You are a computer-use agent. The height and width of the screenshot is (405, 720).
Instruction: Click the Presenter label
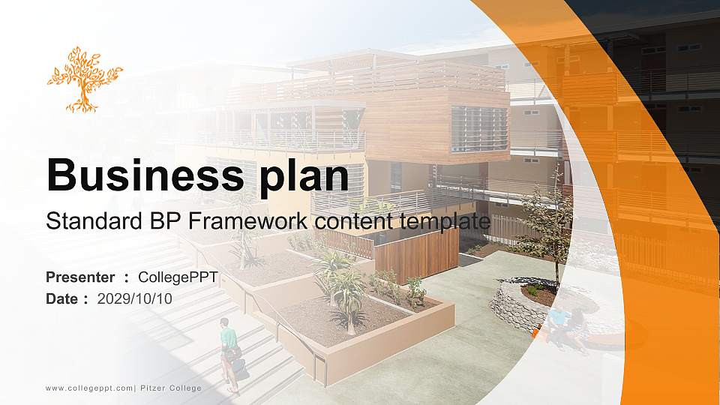(80, 278)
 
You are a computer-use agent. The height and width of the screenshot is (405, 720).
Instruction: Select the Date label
(62, 298)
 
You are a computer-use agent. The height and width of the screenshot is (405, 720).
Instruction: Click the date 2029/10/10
(135, 298)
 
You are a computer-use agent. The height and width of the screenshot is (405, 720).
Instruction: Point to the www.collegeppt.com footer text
(88, 388)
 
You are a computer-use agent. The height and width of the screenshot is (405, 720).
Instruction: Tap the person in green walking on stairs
(229, 352)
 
